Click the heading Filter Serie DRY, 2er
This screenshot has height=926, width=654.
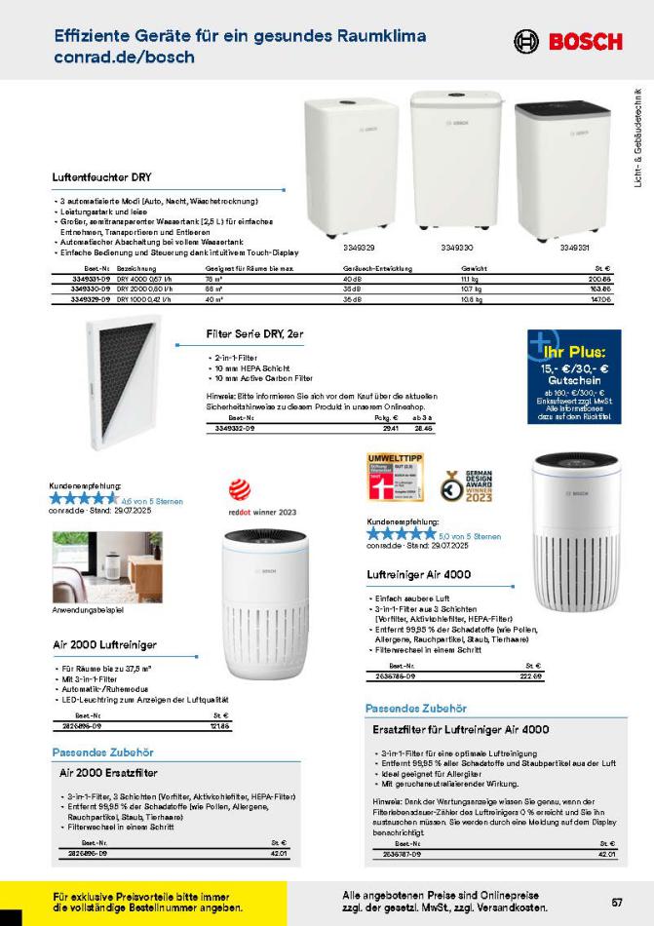[x=254, y=333]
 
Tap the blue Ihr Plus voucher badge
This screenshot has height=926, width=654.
[x=572, y=378]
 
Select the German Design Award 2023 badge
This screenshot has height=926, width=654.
[x=467, y=484]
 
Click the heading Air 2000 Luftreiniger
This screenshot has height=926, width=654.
[x=105, y=644]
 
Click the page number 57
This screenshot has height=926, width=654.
[x=617, y=901]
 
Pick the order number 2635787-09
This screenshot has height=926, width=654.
[x=398, y=854]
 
